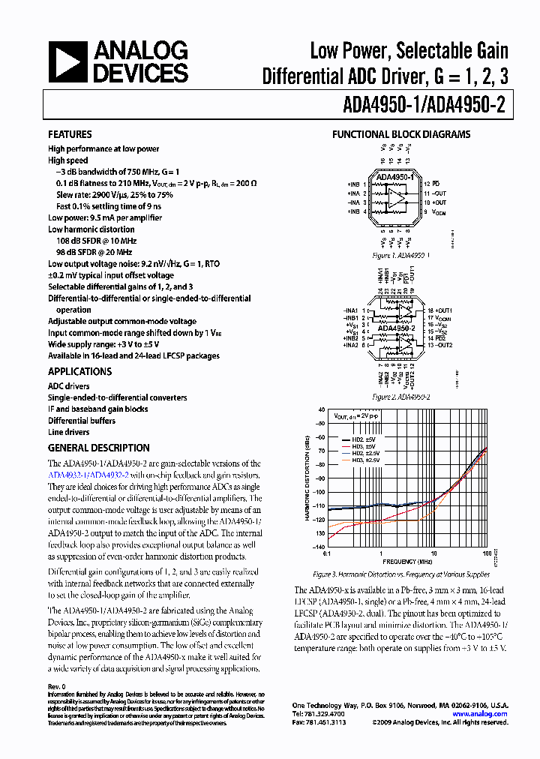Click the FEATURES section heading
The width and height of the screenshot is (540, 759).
tap(70, 134)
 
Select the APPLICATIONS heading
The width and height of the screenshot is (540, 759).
tap(79, 371)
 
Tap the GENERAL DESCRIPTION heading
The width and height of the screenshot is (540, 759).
tap(98, 448)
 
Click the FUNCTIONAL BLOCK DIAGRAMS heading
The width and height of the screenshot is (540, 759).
tap(401, 135)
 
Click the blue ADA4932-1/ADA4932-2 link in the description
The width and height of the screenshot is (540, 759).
tap(88, 475)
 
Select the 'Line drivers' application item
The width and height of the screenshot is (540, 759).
tap(68, 432)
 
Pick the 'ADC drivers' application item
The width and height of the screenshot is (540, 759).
tap(68, 386)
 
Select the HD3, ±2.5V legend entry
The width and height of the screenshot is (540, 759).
tap(367, 460)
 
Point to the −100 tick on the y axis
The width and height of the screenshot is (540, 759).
tap(319, 492)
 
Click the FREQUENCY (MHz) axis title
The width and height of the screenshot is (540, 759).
tap(406, 561)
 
